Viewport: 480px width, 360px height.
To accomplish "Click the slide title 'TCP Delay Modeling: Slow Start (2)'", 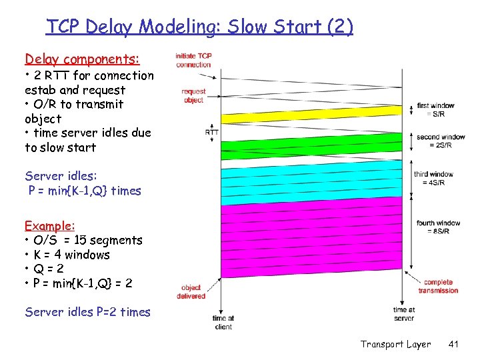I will (199, 27).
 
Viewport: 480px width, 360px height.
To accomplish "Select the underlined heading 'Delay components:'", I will (82, 59).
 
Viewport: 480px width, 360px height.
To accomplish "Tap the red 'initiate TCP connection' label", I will (193, 60).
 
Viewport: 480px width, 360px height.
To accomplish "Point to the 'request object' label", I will (193, 95).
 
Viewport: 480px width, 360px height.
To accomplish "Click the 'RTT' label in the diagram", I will (212, 132).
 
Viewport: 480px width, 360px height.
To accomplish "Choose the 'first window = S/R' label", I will (435, 109).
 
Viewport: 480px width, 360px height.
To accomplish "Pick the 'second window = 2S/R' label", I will (441, 141).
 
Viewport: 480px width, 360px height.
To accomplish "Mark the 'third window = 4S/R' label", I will (433, 178).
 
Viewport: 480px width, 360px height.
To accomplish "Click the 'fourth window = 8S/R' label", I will (438, 227).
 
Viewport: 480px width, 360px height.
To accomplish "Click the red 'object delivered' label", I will (192, 292).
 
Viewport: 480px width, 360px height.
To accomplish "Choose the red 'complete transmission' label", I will (438, 287).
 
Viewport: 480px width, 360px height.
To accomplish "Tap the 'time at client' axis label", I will (223, 323).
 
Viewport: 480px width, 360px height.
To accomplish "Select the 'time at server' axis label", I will (404, 314).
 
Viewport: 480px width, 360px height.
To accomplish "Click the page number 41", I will (454, 344).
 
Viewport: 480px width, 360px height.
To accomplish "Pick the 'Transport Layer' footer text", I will (395, 344).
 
